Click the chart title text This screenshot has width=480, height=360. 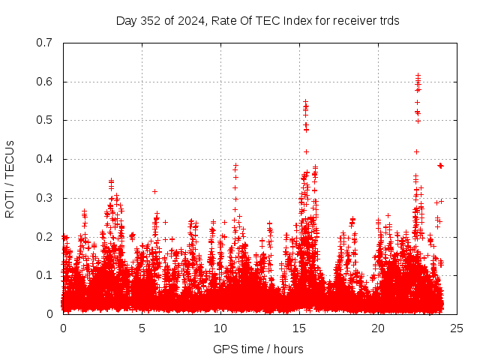(257, 20)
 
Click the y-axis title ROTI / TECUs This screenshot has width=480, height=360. (10, 178)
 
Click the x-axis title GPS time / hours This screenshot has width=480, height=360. (258, 349)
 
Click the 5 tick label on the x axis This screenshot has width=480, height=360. (142, 328)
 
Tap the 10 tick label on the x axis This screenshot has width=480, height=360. (220, 328)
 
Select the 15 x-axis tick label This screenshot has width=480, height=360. (299, 328)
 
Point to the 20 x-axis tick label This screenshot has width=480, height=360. (378, 328)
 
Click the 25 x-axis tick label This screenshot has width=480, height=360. (457, 328)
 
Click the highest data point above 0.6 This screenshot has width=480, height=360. (418, 75)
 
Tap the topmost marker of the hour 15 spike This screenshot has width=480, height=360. (305, 102)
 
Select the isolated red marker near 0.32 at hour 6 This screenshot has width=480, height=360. (154, 191)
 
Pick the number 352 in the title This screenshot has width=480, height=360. (150, 20)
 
